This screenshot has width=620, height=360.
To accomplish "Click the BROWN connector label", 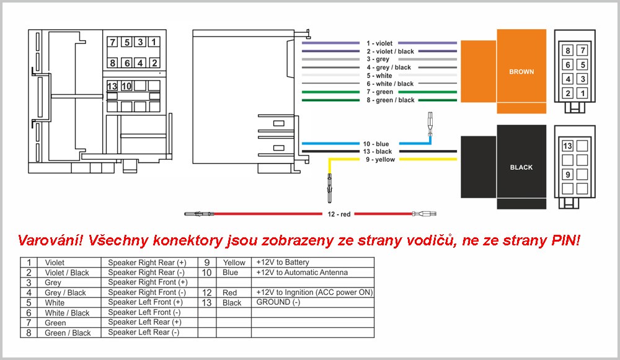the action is coord(521,71).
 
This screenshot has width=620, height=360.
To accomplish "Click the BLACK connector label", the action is coord(521,167).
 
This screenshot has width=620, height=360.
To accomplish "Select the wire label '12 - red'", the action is coord(339,214).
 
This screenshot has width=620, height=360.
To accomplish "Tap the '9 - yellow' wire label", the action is coord(381,160).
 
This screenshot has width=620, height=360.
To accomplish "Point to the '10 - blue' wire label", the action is coord(376,144).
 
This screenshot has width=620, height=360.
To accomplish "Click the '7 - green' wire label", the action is coord(379,92).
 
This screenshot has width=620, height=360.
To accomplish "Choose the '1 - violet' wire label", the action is coord(379,43).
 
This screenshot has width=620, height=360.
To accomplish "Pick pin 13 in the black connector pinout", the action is coord(567,146).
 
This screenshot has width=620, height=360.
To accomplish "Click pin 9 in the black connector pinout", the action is coord(567,174).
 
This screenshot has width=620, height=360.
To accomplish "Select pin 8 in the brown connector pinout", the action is coord(568,50).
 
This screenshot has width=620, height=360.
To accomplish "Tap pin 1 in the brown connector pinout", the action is coord(582,94).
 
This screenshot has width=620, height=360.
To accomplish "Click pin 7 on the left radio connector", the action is coord(113,42).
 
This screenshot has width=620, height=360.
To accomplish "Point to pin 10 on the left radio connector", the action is coord(126,86).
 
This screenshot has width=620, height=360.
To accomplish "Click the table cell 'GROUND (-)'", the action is coord(278,302).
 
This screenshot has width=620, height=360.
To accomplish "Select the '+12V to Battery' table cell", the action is coord(283,262).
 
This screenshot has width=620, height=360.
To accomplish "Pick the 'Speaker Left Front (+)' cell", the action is coord(145,302).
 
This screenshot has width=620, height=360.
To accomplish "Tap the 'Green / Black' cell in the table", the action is coord(68,333).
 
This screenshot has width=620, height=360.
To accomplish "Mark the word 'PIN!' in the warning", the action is coord(566,240).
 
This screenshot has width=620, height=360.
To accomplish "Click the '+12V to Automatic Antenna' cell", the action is coord(302,272).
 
